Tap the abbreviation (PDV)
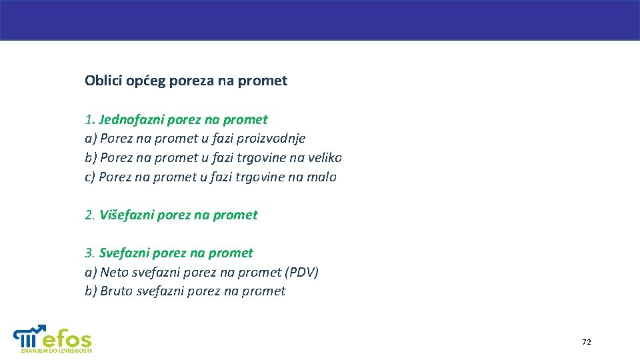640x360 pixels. pyautogui.click(x=302, y=273)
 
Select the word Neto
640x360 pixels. pyautogui.click(x=114, y=273)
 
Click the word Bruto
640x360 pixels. pyautogui.click(x=116, y=291)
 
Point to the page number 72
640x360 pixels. pyautogui.click(x=586, y=342)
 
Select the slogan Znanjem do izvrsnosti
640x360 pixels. pyautogui.click(x=56, y=351)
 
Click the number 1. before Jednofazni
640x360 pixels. pyautogui.click(x=89, y=120)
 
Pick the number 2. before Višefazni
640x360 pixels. pyautogui.click(x=90, y=215)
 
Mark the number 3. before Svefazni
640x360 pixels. pyautogui.click(x=90, y=253)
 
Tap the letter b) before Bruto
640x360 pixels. pyautogui.click(x=91, y=291)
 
